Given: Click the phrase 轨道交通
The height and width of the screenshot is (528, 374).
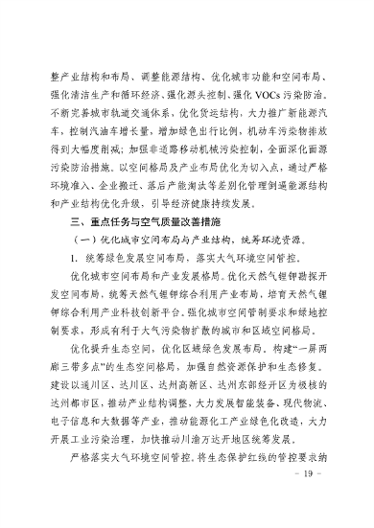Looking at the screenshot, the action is point(130,120).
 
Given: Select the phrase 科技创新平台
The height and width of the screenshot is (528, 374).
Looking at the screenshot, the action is point(142,304).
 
